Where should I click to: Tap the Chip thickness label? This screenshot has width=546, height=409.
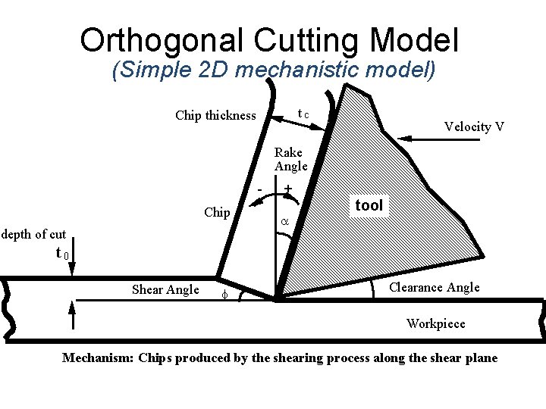(x=215, y=116)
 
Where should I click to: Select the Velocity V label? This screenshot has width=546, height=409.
(x=474, y=126)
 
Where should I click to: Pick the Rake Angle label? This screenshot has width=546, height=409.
(x=290, y=159)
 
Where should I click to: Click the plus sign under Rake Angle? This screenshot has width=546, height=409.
(x=288, y=187)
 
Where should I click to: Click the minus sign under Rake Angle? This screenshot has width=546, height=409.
(x=259, y=186)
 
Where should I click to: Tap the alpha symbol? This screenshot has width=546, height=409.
(x=285, y=221)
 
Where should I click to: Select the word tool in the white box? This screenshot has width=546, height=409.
(x=369, y=204)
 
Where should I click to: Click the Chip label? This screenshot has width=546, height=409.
(x=217, y=212)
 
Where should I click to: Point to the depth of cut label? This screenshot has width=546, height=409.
(x=33, y=234)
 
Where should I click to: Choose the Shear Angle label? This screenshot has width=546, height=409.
(x=165, y=289)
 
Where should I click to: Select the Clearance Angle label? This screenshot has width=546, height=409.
(x=434, y=287)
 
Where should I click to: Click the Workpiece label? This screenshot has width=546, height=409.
(x=435, y=323)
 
